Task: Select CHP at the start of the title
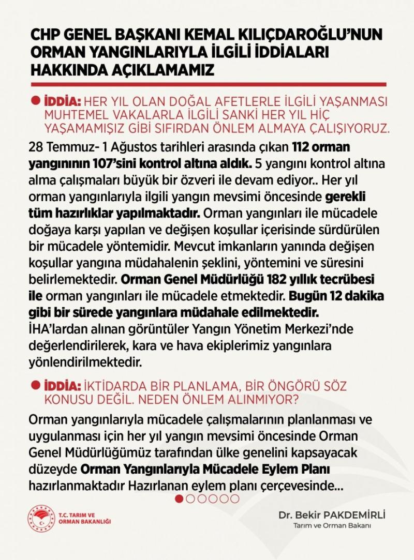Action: pyautogui.click(x=45, y=35)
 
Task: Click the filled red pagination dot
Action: pyautogui.click(x=179, y=499)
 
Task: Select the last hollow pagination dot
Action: pyautogui.click(x=235, y=499)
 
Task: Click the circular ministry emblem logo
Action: pyautogui.click(x=41, y=518)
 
